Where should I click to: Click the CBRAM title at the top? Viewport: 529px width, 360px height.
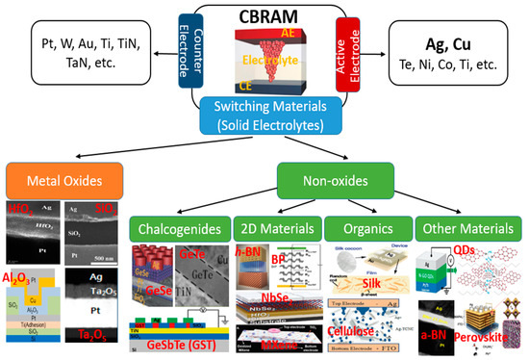point(265,16)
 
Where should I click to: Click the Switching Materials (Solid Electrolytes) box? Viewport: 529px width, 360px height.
point(265,117)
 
